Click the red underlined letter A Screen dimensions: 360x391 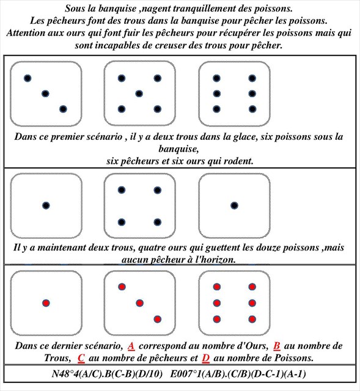click(131, 346)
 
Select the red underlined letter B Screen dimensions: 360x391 click(277, 346)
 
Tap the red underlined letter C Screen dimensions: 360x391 click(81, 359)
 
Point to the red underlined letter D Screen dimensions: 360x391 click(205, 359)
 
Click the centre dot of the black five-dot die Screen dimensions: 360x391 click(139, 93)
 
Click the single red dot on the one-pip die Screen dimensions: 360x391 click(46, 303)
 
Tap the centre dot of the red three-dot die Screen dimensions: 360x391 click(139, 303)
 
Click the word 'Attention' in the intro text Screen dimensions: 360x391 click(26, 33)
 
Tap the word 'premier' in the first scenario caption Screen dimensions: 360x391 click(65, 137)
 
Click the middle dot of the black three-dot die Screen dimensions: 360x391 click(45, 93)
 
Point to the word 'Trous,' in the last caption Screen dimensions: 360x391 click(57, 359)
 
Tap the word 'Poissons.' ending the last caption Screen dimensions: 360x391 click(293, 359)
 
